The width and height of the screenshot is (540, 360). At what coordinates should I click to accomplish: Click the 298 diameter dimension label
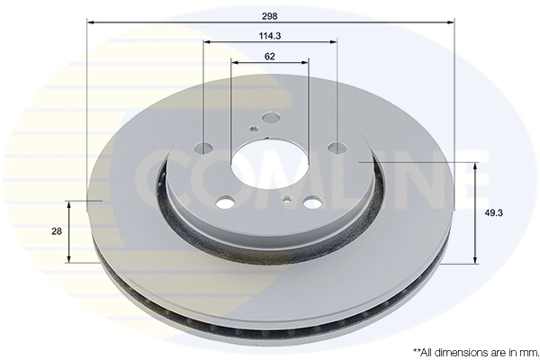pos(270,16)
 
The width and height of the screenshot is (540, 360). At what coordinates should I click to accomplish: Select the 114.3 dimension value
pos(270,35)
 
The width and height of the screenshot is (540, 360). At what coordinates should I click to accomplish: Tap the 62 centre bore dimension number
pos(270,57)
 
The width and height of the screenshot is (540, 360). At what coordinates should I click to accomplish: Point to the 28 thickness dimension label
pos(57,231)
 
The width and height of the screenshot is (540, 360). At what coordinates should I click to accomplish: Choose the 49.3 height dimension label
pos(493,213)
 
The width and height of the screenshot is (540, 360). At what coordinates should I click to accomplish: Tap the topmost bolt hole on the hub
pos(271,118)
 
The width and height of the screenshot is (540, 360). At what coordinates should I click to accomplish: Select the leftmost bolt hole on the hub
pos(203,148)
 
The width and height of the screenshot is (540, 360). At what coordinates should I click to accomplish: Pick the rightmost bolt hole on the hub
pos(337,147)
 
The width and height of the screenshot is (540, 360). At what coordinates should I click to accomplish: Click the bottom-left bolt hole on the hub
pos(226,202)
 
